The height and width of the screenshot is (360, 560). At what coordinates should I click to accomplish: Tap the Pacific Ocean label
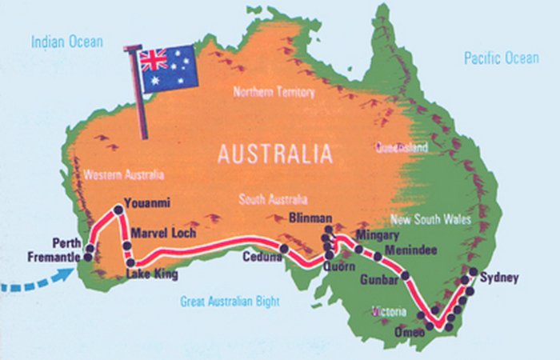(502, 58)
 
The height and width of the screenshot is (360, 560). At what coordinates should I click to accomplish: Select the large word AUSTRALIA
(274, 153)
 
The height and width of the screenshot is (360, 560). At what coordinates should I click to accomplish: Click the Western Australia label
(123, 174)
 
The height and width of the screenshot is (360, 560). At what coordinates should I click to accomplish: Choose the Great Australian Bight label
(230, 302)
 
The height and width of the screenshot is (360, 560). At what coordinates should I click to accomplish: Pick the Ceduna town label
(264, 257)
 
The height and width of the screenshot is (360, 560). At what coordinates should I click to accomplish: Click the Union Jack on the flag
(153, 60)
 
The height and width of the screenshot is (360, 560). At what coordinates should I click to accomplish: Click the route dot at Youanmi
(118, 209)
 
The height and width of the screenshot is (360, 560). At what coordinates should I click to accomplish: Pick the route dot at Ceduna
(284, 249)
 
